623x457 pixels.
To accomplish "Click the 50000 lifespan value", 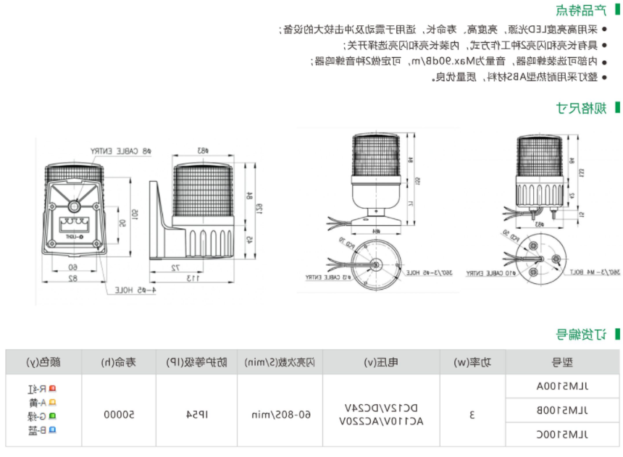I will point(117,415).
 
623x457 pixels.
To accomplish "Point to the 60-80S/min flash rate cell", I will point(281,415).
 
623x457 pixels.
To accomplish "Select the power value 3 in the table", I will point(472,415).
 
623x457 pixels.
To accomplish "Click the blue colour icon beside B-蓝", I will point(51,430).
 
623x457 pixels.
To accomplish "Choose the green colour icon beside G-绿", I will point(51,416).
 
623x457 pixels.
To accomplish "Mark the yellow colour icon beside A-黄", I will point(51,403).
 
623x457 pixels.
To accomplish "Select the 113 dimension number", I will point(193,278).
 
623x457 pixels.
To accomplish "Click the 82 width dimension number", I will point(72,278).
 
